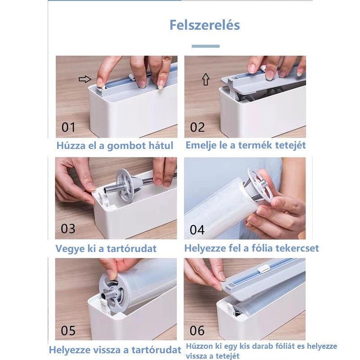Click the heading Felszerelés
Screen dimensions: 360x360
(204, 25)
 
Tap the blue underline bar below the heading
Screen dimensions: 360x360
(206, 46)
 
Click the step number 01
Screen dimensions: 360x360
(68, 127)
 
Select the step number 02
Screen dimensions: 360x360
(197, 127)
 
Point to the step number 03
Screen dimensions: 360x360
(68, 229)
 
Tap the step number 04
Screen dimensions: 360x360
(197, 230)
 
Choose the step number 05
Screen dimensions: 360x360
(68, 331)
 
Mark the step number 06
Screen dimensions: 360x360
(197, 331)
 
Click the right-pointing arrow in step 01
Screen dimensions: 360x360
(85, 79)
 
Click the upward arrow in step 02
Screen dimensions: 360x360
(206, 80)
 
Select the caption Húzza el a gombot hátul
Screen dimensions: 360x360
(115, 145)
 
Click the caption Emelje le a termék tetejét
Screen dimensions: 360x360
(246, 145)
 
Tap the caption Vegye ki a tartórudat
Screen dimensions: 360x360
(106, 248)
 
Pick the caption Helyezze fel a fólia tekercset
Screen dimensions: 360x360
(252, 248)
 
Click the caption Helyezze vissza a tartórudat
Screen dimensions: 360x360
(115, 349)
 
